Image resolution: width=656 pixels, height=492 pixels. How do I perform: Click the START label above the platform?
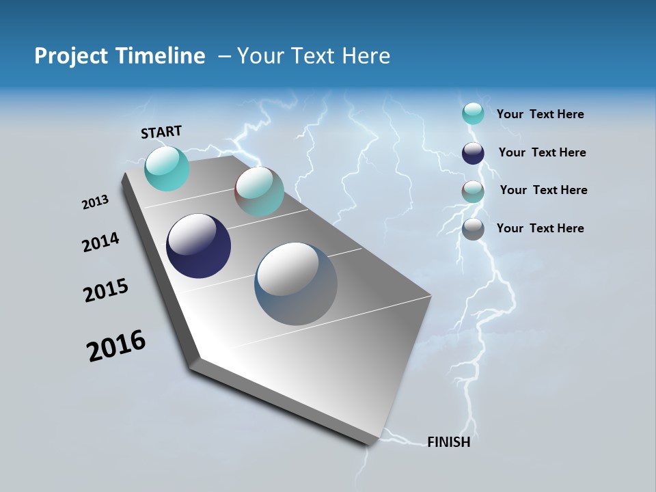click(x=161, y=132)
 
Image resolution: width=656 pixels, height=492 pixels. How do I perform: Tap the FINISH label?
click(x=448, y=442)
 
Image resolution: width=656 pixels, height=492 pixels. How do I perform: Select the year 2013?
click(x=95, y=202)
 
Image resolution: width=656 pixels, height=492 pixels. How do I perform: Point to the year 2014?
click(x=100, y=243)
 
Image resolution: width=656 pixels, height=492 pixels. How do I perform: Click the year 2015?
click(x=106, y=290)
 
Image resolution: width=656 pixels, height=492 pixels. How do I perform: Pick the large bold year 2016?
click(x=116, y=346)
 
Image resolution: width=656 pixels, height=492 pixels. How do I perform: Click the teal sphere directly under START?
click(x=167, y=168)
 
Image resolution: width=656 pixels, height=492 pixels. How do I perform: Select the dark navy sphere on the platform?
click(x=198, y=246)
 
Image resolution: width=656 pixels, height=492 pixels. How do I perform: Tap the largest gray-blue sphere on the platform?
click(x=296, y=284)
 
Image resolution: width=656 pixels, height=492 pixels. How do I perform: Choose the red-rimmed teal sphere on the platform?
click(x=259, y=191)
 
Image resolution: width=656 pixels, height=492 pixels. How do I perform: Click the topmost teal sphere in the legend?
click(x=473, y=113)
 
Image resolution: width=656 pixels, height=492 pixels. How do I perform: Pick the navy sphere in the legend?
click(x=473, y=153)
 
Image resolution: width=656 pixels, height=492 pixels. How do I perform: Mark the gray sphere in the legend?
click(x=473, y=229)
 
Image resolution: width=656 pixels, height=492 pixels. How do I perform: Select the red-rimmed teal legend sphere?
click(x=473, y=191)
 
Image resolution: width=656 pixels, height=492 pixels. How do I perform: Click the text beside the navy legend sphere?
click(x=542, y=152)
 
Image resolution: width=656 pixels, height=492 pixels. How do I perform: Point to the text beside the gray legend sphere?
click(x=540, y=228)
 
